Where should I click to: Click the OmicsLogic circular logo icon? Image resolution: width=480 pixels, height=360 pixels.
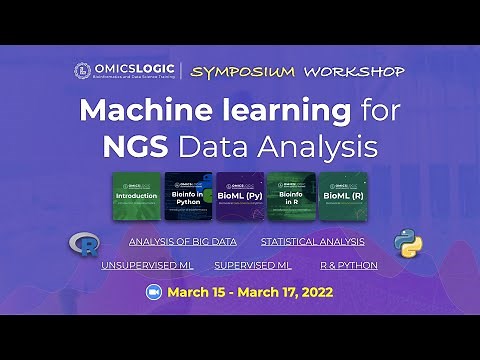pyautogui.click(x=83, y=71)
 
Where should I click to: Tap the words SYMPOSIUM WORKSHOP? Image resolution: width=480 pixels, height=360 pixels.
pyautogui.click(x=298, y=71)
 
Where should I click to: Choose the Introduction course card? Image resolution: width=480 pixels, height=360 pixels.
pyautogui.click(x=136, y=196)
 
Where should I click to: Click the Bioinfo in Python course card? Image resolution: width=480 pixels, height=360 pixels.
pyautogui.click(x=188, y=196)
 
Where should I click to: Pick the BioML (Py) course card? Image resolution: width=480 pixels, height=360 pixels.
pyautogui.click(x=240, y=196)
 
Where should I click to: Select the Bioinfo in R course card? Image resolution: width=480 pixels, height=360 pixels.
pyautogui.click(x=292, y=196)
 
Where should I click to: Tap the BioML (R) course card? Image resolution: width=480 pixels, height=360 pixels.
pyautogui.click(x=344, y=196)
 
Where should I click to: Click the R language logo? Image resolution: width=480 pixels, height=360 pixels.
pyautogui.click(x=82, y=244)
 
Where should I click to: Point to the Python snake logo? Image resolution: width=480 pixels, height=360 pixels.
pyautogui.click(x=404, y=243)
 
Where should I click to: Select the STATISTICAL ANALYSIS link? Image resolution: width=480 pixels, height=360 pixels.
pyautogui.click(x=312, y=241)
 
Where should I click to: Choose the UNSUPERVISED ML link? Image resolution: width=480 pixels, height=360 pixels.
pyautogui.click(x=147, y=265)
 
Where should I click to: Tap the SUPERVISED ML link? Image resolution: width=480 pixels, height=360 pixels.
pyautogui.click(x=252, y=265)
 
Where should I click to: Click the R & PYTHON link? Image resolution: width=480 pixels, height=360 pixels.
pyautogui.click(x=349, y=265)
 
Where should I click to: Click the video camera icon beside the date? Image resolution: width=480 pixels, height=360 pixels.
pyautogui.click(x=154, y=293)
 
